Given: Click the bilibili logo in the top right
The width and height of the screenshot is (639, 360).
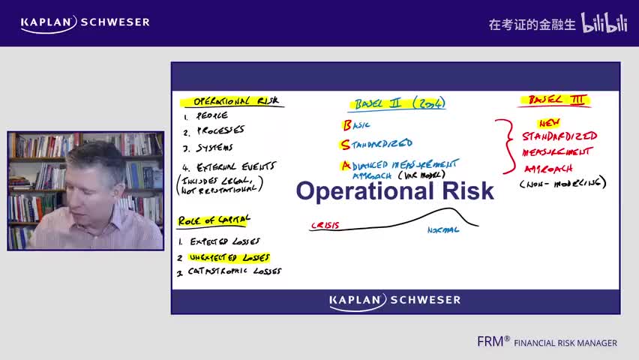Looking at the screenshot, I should [604, 23].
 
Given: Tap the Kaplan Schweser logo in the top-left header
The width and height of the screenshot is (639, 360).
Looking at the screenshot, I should [85, 22].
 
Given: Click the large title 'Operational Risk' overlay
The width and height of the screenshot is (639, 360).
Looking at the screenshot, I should [394, 190].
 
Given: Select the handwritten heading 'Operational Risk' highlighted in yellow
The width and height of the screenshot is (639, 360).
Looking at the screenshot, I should [230, 101].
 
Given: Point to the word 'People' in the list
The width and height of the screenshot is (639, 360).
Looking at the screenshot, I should [211, 116].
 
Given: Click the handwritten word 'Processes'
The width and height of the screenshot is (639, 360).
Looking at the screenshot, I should [220, 130].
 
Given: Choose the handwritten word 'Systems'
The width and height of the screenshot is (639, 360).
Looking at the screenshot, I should [214, 148].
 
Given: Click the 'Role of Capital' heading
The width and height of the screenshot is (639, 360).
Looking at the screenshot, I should [214, 220].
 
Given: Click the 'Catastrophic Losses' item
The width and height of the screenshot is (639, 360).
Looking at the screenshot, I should [234, 271].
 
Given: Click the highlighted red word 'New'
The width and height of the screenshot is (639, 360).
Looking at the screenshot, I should [549, 123].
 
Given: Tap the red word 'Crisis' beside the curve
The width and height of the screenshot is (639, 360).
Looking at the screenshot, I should [325, 224].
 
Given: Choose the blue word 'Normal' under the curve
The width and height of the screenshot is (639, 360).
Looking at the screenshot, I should [442, 230].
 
